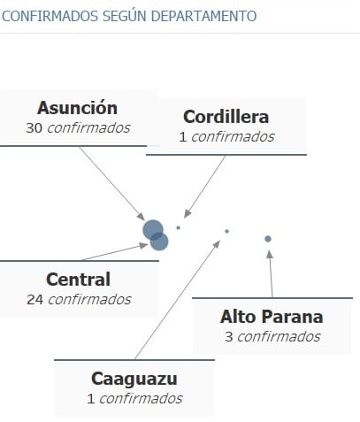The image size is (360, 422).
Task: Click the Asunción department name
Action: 77,108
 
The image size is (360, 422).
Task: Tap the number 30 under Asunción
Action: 34,128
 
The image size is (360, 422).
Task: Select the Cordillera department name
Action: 226,117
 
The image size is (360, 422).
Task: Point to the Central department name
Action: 79,280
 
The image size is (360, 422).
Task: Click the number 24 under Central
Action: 35,300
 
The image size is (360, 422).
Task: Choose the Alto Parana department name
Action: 272,317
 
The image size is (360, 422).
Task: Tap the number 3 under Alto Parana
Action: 229,337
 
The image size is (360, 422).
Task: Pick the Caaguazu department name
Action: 134,379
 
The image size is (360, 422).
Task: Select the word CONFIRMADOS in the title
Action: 50,16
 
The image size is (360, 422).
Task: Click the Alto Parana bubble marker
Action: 268,239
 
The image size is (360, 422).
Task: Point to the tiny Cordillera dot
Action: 178,227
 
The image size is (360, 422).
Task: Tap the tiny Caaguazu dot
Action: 226,232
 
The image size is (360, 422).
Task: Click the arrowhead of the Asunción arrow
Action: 142,217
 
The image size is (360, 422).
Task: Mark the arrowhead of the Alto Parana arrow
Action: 269,254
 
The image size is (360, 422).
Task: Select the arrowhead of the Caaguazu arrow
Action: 217,243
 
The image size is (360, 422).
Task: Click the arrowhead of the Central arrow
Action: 144,245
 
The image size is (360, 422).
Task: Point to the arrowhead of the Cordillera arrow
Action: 187,214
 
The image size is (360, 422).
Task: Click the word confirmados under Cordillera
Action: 233,137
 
